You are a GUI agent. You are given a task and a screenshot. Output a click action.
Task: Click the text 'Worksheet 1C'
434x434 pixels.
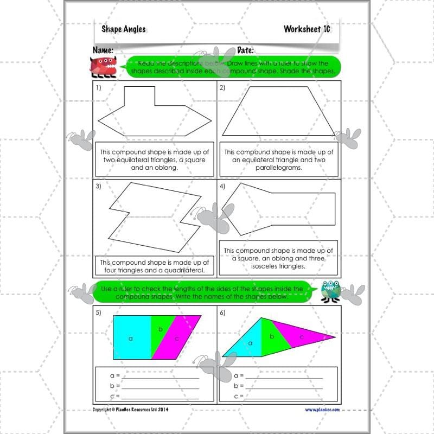307,29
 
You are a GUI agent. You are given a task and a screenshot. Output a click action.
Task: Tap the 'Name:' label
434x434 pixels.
103,50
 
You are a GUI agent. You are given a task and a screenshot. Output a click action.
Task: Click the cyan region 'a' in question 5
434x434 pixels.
131,337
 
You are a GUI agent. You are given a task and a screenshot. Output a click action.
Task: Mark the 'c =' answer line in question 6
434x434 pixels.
282,397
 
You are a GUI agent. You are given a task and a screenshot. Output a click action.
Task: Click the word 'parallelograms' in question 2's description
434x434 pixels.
279,168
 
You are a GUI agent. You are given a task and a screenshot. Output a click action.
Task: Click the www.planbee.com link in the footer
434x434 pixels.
322,410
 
